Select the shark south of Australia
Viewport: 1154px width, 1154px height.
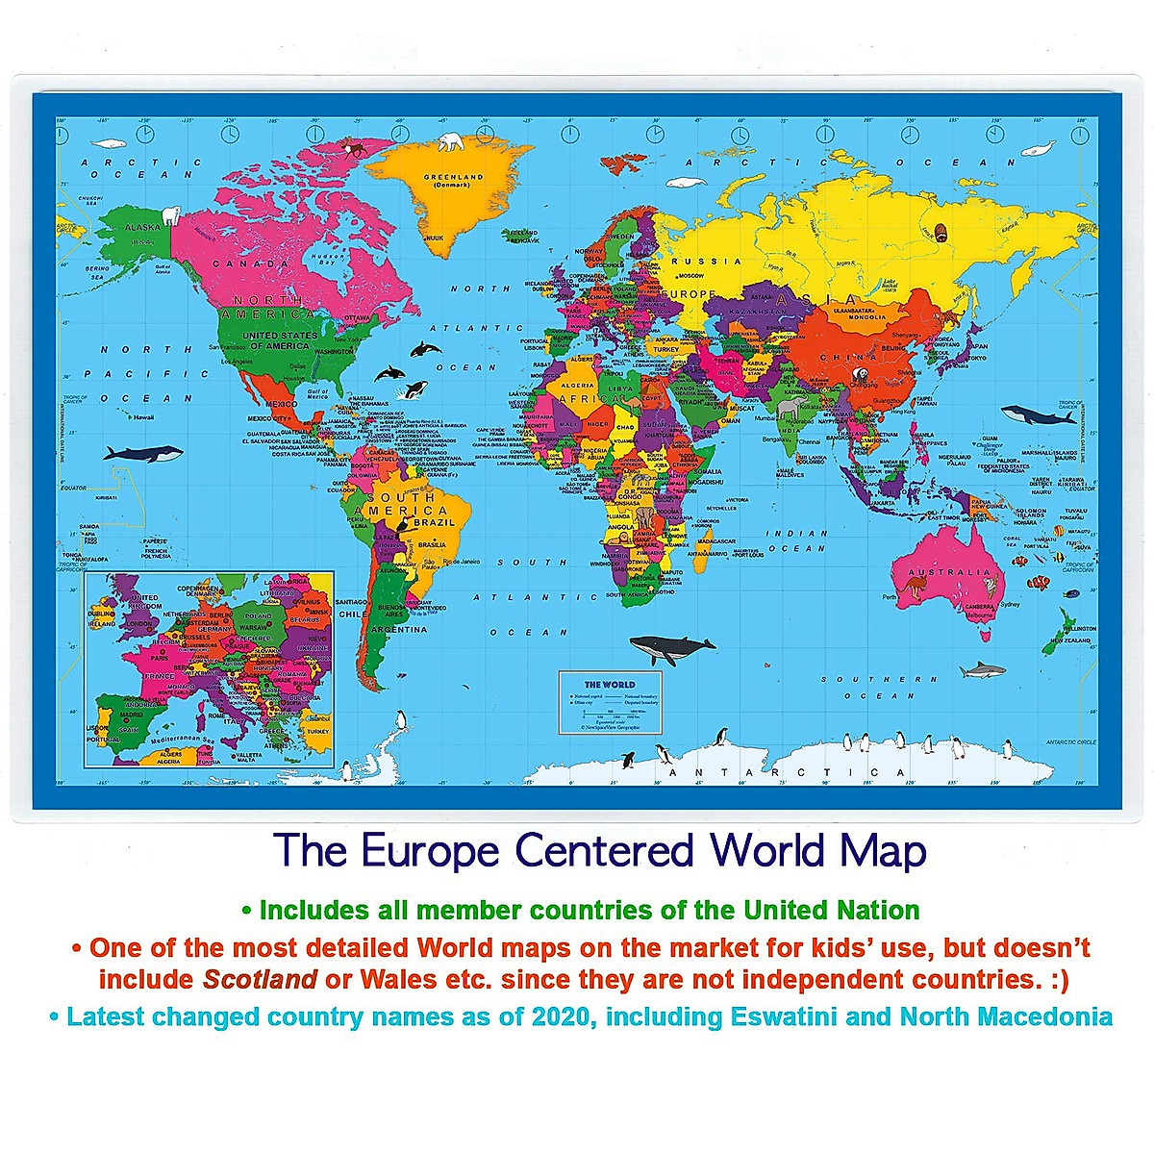pyautogui.click(x=982, y=670)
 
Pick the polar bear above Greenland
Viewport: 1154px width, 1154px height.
pyautogui.click(x=451, y=142)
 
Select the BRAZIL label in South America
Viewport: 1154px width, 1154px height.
pyautogui.click(x=434, y=522)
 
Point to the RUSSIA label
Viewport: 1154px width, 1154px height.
pyautogui.click(x=706, y=262)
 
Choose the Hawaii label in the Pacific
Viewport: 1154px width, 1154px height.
pyautogui.click(x=143, y=416)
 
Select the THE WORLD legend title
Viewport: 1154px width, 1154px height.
pyautogui.click(x=610, y=685)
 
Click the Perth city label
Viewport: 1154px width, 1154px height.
pyautogui.click(x=890, y=596)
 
